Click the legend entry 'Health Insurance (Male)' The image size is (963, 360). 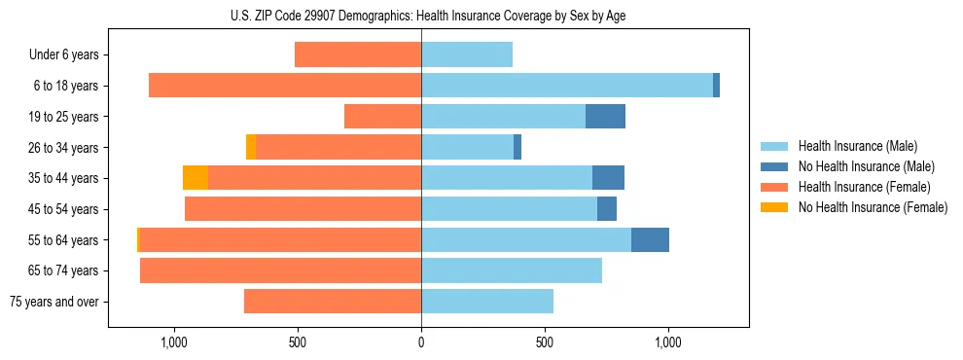[x=857, y=146]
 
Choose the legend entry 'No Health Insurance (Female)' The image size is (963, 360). [x=872, y=207]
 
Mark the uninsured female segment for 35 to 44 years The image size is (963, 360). [x=196, y=178]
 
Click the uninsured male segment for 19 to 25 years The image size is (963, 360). [x=605, y=117]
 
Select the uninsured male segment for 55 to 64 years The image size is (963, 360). [x=650, y=240]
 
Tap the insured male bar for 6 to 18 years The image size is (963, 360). [x=567, y=86]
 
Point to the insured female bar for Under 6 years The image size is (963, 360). [x=358, y=55]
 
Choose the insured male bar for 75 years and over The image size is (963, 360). [x=487, y=302]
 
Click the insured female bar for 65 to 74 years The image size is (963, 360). [x=280, y=270]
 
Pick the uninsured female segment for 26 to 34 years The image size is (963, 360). [x=251, y=148]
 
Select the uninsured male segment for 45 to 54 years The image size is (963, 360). [x=607, y=209]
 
